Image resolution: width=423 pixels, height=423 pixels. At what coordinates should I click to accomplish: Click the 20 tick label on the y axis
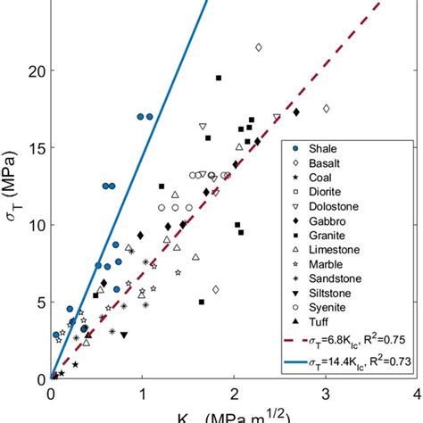point(34,71)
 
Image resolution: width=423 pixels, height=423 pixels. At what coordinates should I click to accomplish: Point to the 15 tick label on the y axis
point(34,148)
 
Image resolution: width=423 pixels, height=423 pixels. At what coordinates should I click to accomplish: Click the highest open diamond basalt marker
point(259,47)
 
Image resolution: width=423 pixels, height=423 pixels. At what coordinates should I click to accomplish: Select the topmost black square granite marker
point(219,79)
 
